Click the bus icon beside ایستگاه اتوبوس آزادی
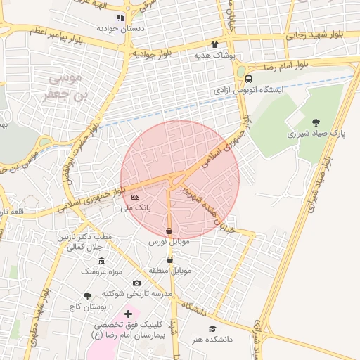(x=249, y=79)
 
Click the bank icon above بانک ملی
(x=136, y=197)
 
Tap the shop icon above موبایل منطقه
(x=169, y=259)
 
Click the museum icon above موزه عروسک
(x=102, y=260)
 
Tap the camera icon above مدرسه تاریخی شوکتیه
(x=136, y=283)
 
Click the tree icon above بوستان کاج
(x=87, y=297)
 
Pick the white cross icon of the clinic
(x=127, y=314)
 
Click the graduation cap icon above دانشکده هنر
(x=212, y=328)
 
